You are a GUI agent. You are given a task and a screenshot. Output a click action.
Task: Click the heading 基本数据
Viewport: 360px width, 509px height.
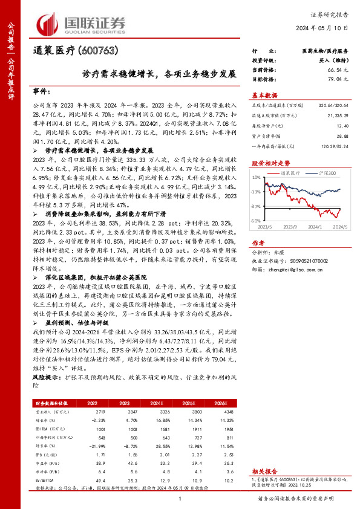264,95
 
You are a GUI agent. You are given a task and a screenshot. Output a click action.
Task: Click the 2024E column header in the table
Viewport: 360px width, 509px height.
157,402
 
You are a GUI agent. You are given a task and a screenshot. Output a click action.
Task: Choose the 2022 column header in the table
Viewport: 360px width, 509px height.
93,402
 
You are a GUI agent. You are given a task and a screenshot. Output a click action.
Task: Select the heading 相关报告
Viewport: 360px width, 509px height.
264,470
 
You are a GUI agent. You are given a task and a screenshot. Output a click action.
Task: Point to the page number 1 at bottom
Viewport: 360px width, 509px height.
180,498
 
